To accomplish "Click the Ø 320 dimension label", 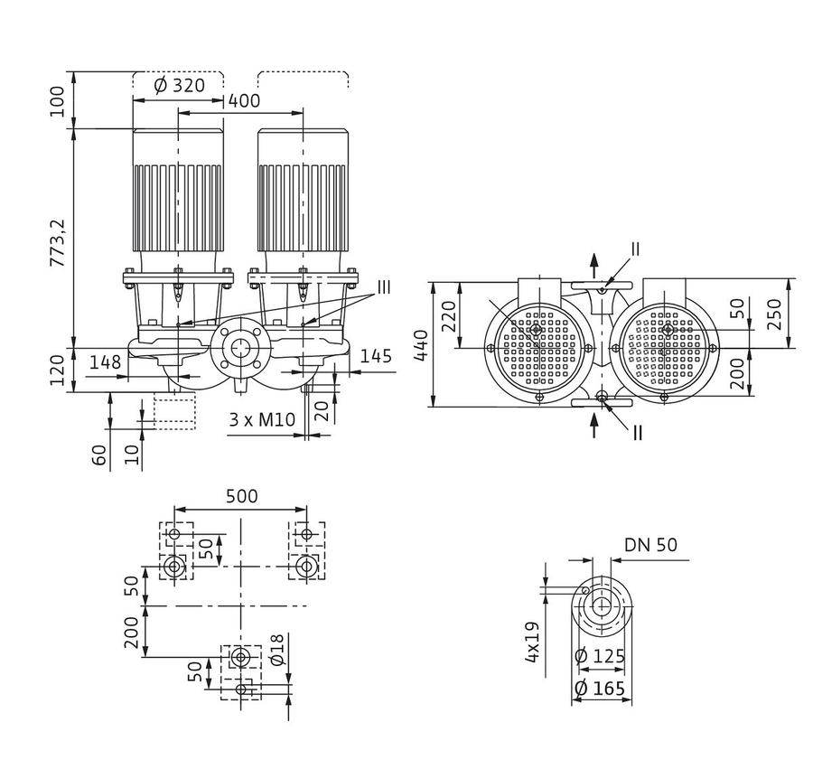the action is click(x=180, y=85).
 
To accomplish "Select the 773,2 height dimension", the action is click(x=57, y=243).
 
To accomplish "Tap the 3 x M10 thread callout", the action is click(x=262, y=419).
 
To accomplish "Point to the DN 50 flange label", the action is click(x=650, y=545).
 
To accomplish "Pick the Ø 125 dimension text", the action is click(x=600, y=656).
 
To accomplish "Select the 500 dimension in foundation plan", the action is click(x=241, y=496).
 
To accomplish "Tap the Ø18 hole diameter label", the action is click(x=277, y=650).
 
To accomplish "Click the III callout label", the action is click(x=383, y=286).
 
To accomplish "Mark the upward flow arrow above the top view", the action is click(x=594, y=266).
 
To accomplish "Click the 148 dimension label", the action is click(x=106, y=361).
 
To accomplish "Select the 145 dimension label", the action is click(x=376, y=356).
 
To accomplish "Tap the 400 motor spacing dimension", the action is click(x=244, y=100).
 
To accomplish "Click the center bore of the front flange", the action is click(x=240, y=349).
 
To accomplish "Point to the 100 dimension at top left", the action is click(x=57, y=101).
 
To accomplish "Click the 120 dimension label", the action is click(x=57, y=370).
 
